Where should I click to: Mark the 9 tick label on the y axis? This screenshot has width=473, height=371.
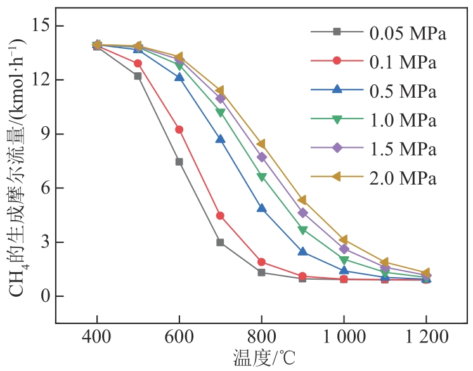(x=42, y=134)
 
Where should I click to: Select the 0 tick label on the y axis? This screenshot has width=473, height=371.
(x=42, y=296)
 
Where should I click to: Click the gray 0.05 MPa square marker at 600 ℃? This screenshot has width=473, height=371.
(x=179, y=162)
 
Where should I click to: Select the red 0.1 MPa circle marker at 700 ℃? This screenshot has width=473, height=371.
(x=220, y=216)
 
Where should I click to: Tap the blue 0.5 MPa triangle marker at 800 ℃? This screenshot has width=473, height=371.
(x=261, y=208)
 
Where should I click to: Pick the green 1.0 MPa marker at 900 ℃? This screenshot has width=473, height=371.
(x=302, y=230)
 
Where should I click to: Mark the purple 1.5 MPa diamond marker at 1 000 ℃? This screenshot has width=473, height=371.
(x=344, y=249)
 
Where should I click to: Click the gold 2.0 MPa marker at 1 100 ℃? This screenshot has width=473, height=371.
(x=384, y=262)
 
